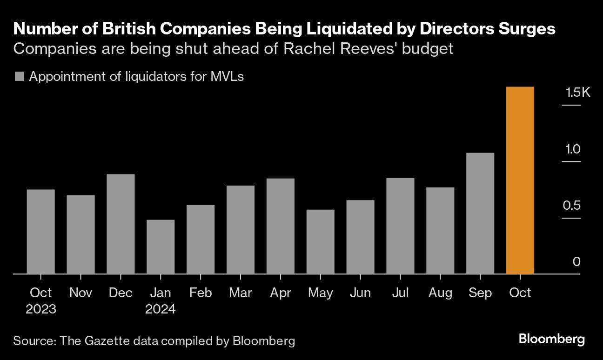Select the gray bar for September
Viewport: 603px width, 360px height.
coord(480,213)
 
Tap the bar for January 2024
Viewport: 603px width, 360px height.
coord(161,247)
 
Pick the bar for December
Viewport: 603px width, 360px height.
coord(121,224)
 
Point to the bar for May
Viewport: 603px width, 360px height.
coord(320,242)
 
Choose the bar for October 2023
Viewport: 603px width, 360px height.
coord(41,232)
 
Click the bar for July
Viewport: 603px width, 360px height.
coord(400,226)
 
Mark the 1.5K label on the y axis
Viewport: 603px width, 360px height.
coord(577,93)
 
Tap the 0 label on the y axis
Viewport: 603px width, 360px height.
coord(576,262)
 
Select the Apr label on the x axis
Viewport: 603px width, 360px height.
coord(280,293)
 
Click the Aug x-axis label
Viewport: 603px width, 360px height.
coord(440,293)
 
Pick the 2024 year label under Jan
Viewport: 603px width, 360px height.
coord(161,309)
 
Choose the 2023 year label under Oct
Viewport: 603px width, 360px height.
coord(41,309)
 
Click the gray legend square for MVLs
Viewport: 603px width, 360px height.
coord(19,77)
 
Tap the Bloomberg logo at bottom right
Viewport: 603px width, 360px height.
coord(552,339)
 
